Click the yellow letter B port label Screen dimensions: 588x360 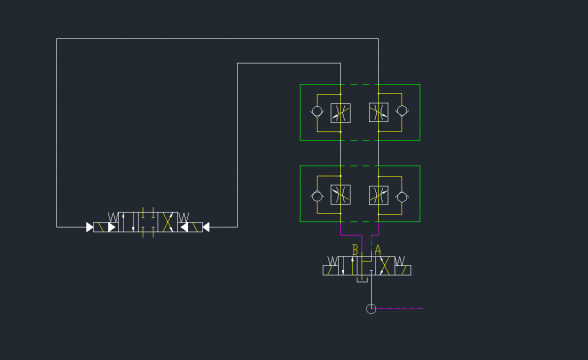coord(355,250)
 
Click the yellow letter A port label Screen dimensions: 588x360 coord(378,250)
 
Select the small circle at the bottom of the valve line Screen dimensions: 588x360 coord(371,309)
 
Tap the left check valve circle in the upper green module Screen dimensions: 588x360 coord(317,111)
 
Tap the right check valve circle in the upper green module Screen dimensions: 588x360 coord(402,111)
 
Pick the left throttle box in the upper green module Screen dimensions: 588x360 coord(340,112)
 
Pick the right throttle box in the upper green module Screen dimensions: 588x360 coord(379,112)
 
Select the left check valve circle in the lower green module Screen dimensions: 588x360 coord(317,196)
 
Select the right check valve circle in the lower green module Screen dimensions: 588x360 coord(402,197)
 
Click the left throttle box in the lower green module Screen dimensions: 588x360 coord(340,195)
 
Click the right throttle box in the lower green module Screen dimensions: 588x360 coord(379,195)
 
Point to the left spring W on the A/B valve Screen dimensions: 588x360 coord(332,261)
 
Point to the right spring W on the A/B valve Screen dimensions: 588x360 coord(400,261)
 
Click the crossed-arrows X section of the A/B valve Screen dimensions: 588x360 coord(384,266)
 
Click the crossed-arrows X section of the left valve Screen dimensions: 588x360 coord(168,222)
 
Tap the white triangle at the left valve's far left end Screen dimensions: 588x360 coord(90,227)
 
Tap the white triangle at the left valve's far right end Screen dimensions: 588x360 coord(206,227)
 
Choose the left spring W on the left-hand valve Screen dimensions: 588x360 coord(113,217)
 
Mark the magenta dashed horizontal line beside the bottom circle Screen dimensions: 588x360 coord(399,309)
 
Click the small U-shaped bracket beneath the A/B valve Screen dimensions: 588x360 coord(362,280)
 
